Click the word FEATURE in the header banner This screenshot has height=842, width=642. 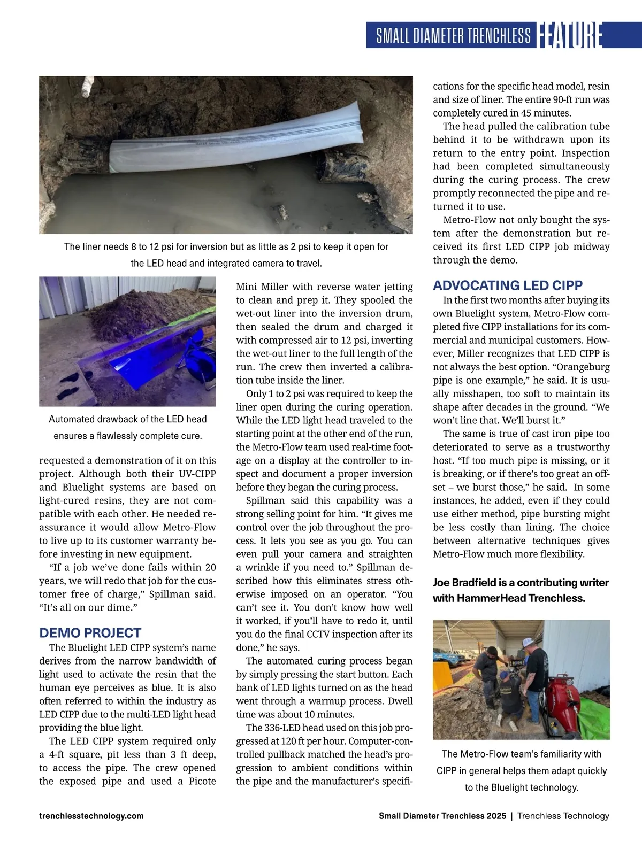coord(570,35)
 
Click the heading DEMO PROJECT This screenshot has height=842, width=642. coord(90,633)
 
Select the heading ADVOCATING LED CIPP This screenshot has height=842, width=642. coord(507,285)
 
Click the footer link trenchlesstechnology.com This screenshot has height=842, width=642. coord(91,816)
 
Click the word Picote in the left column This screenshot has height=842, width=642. coord(202,781)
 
